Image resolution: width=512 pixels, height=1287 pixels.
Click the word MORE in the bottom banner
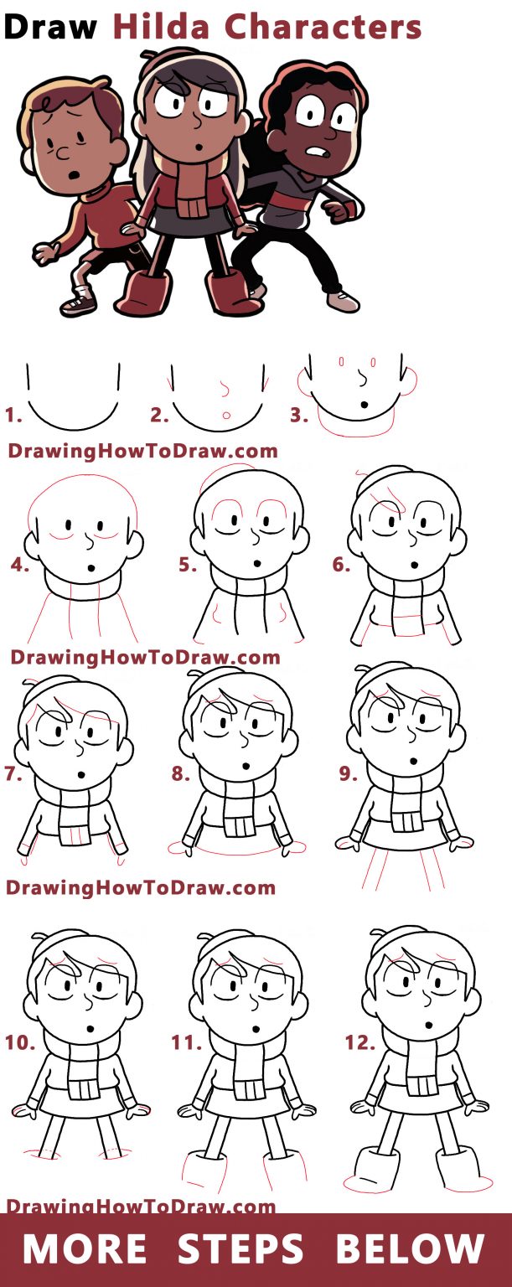point(84,1248)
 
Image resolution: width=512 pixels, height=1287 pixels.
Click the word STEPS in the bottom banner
point(240,1248)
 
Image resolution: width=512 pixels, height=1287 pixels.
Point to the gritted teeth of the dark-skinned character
point(316,152)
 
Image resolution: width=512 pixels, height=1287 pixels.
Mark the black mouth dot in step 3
point(365,405)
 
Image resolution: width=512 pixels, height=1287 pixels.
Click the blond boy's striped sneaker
point(77,301)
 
